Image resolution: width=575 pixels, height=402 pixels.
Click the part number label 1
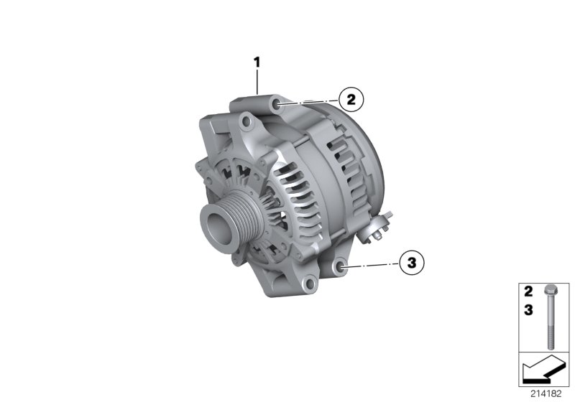click(x=255, y=62)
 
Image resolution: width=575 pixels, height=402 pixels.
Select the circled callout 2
click(x=351, y=100)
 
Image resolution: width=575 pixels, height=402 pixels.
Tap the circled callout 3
click(x=411, y=263)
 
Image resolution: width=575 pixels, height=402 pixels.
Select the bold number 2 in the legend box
click(x=528, y=292)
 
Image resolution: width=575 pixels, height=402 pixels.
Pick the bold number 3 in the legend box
click(x=528, y=309)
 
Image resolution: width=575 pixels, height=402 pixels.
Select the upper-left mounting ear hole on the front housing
click(x=248, y=125)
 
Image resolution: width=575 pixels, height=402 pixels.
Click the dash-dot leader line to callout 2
click(x=309, y=103)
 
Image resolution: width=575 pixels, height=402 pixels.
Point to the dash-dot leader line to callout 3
click(x=370, y=266)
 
